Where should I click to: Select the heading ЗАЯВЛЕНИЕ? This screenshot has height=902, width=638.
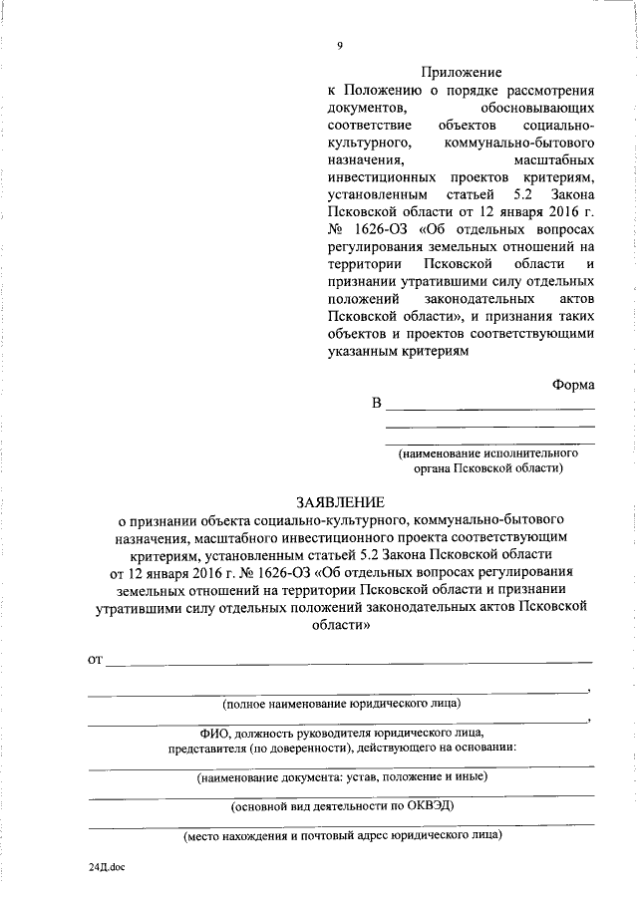pyautogui.click(x=339, y=501)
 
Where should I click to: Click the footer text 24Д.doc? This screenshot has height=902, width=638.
pyautogui.click(x=105, y=867)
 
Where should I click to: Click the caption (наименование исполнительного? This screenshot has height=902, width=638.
pyautogui.click(x=490, y=451)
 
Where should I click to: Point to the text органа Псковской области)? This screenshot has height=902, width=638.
pyautogui.click(x=490, y=466)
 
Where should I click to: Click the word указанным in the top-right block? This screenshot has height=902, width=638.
pyautogui.click(x=362, y=352)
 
